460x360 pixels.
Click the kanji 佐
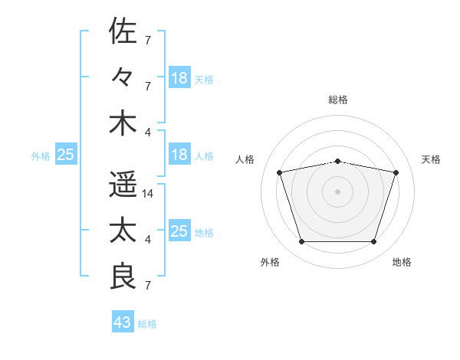123,31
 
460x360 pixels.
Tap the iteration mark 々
121,77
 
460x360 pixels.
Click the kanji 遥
123,184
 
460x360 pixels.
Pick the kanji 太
123,230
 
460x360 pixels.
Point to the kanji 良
123,276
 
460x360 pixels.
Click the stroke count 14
147,194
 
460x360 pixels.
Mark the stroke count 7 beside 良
148,286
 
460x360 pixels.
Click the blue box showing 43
123,321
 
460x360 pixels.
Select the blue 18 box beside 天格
179,77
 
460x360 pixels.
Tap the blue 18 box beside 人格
179,154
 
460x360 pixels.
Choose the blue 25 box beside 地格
179,230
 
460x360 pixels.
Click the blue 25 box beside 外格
66,154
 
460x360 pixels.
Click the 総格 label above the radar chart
338,100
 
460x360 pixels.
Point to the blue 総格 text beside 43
147,324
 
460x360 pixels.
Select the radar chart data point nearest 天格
396,172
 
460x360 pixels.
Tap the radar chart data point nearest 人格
280,172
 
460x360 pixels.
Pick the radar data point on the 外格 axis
302,242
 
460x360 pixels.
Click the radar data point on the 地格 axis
374,242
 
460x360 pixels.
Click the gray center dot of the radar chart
337,191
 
